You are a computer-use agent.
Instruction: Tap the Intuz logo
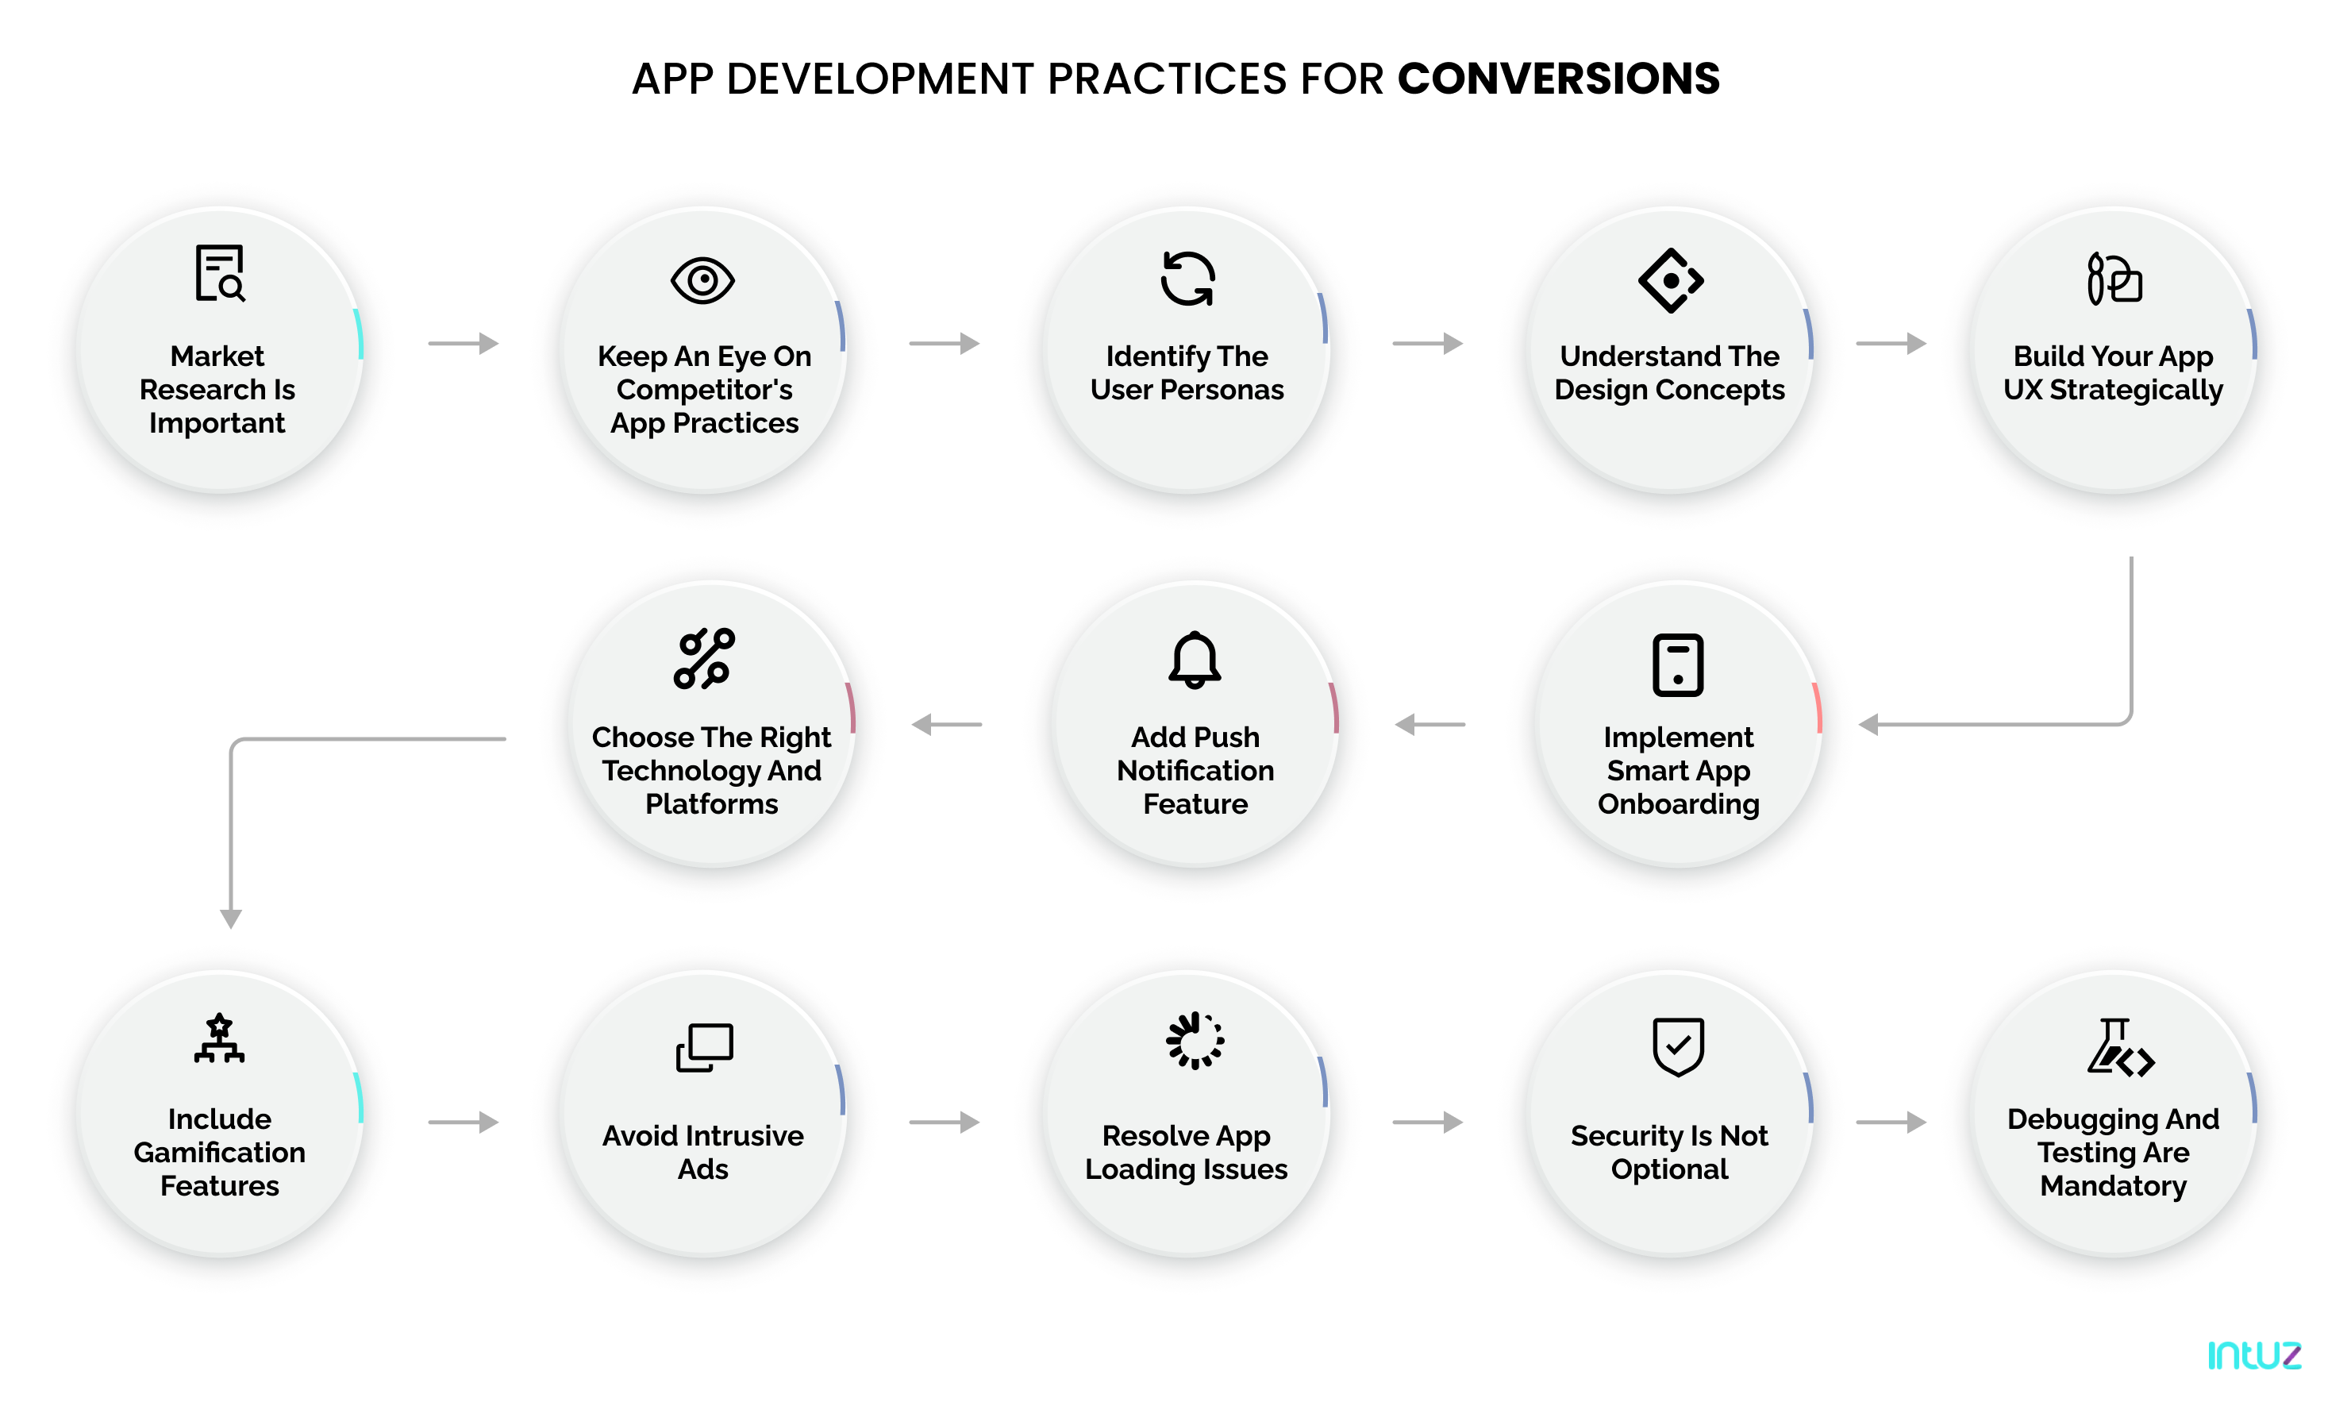pos(2253,1354)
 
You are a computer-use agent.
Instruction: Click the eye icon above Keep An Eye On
pos(702,280)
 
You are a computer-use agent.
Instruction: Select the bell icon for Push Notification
pos(1194,660)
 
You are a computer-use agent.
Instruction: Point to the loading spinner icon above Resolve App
pos(1194,1040)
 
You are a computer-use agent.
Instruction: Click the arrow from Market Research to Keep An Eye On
pos(463,343)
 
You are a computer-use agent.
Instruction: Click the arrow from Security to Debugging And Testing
pos(1890,1122)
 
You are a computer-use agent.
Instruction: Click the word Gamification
pos(219,1152)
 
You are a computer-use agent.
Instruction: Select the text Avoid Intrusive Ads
pos(702,1152)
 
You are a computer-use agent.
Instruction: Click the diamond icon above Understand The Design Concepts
pos(1670,280)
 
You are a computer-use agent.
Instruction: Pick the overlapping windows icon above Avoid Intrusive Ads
pos(704,1047)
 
